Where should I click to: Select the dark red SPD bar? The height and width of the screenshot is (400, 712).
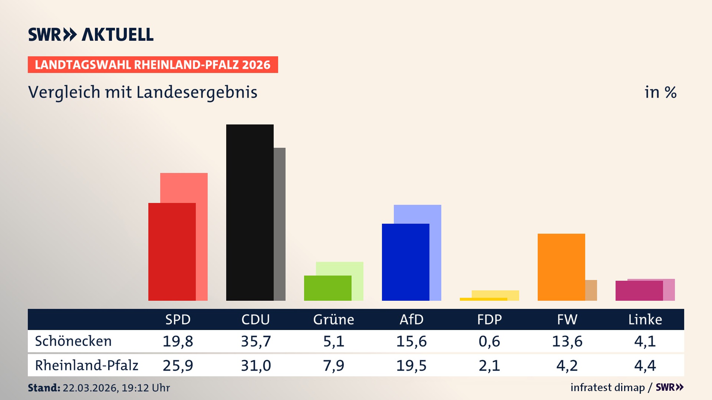coord(172,251)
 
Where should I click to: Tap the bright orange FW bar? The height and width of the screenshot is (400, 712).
coord(561,267)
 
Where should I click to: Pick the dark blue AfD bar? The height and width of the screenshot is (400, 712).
coord(405,262)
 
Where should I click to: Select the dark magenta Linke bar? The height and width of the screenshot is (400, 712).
coord(639,290)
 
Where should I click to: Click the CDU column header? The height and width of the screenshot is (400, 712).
coord(256,319)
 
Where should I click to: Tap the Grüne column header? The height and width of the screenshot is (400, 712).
coord(333,319)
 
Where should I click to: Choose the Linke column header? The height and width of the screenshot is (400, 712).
coord(645,319)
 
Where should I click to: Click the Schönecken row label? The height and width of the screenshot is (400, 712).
coord(73,341)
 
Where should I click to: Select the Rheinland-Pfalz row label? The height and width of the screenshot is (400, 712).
coord(86,365)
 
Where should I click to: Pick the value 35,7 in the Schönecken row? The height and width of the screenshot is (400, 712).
coord(256,341)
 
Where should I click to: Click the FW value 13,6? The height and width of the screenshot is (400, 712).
coord(567,341)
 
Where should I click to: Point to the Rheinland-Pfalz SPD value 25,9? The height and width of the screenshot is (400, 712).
coord(178,365)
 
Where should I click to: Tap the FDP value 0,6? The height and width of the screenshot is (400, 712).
coord(489,341)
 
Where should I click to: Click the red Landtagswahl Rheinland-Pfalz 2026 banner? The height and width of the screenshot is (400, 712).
coord(153,64)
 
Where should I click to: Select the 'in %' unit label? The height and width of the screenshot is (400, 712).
coord(660,92)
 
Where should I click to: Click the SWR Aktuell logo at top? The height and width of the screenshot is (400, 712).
coord(90,34)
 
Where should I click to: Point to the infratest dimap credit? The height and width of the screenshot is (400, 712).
coord(607,387)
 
